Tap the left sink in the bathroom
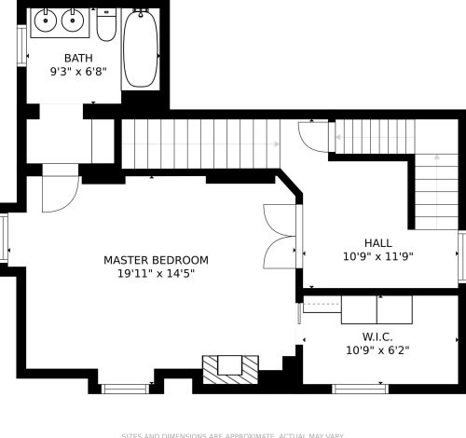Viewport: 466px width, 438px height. (46, 20)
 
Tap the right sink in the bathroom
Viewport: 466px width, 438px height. (74, 20)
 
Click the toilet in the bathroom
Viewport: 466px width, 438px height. (106, 26)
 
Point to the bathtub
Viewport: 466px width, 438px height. (140, 48)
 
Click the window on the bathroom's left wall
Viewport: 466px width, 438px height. (21, 46)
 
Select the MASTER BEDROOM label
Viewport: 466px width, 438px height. (156, 260)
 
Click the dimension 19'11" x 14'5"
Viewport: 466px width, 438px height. (156, 274)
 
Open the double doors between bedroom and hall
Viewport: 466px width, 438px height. (281, 234)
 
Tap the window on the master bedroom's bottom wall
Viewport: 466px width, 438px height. (125, 388)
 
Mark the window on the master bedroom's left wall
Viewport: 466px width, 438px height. (4, 239)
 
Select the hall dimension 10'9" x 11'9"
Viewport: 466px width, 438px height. (377, 256)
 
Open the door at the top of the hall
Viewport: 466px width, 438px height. (314, 138)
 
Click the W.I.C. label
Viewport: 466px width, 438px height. (377, 336)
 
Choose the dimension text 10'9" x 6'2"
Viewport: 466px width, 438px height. (377, 351)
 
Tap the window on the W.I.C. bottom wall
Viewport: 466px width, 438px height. (361, 388)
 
